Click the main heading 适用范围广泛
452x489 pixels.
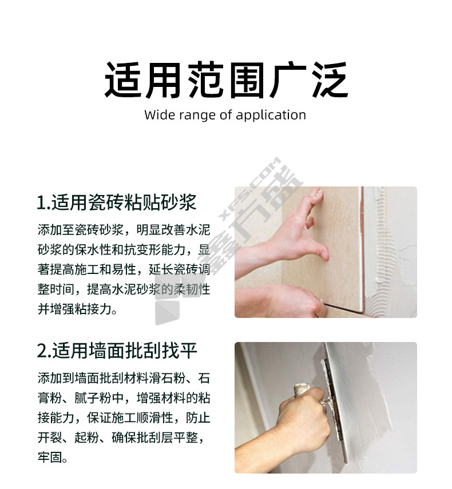(226, 80)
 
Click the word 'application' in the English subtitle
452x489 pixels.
(271, 115)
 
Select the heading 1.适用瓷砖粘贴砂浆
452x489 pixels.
(117, 202)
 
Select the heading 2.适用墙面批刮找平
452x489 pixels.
(117, 350)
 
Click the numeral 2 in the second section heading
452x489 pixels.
(42, 351)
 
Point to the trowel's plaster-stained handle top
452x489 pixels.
(301, 389)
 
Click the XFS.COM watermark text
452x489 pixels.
(249, 189)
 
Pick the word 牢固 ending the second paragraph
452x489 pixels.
(50, 457)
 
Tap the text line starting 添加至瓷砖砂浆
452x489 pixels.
(124, 229)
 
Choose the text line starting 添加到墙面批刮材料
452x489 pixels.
(124, 378)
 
